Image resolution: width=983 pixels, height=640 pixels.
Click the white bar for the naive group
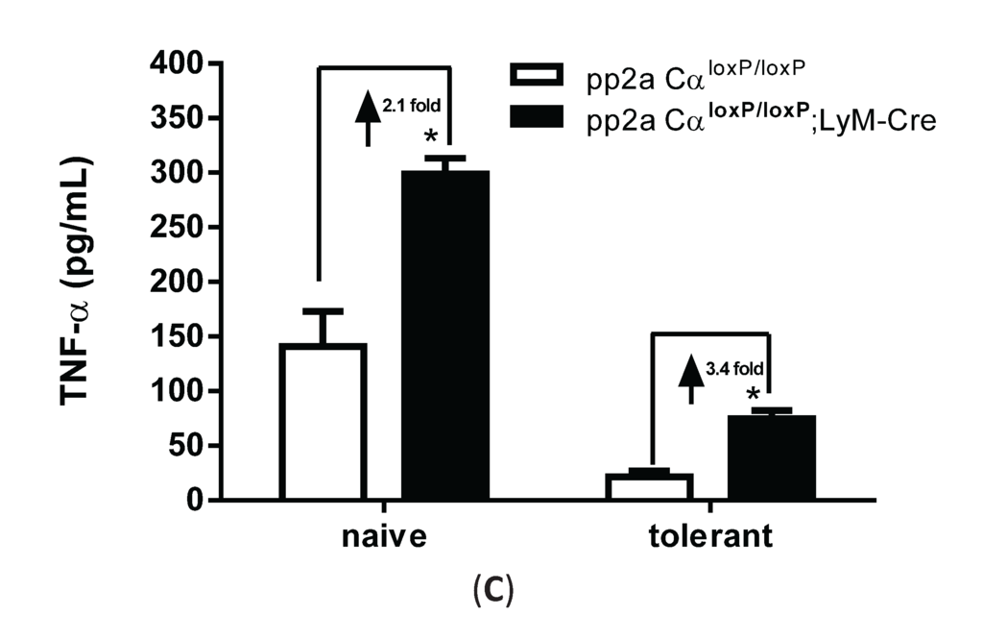[324, 422]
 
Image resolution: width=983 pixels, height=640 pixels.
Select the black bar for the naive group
[445, 335]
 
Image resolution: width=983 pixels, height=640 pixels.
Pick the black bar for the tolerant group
[771, 457]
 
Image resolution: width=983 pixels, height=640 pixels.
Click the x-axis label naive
[384, 536]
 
